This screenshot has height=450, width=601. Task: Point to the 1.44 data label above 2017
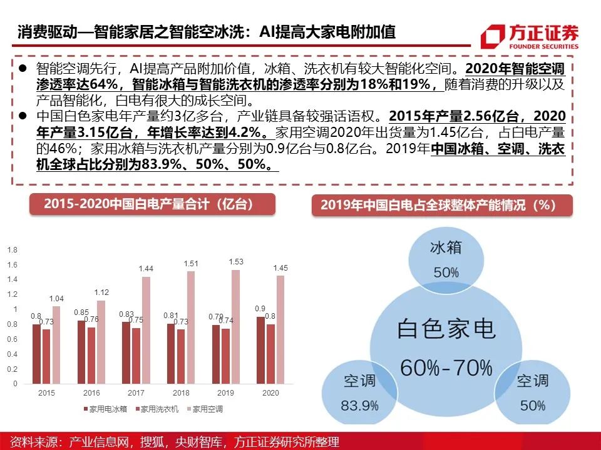pyautogui.click(x=146, y=268)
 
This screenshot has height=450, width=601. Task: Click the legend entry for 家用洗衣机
pyautogui.click(x=158, y=409)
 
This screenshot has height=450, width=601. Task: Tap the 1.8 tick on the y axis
pyautogui.click(x=13, y=250)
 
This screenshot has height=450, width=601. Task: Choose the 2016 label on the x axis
pyautogui.click(x=91, y=394)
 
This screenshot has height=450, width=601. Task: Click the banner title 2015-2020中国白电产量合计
pyautogui.click(x=152, y=204)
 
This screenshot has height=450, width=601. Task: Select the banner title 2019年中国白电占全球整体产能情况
pyautogui.click(x=442, y=205)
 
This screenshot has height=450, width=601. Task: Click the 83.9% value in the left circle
pyautogui.click(x=359, y=405)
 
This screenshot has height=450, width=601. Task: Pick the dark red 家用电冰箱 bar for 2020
pyautogui.click(x=260, y=350)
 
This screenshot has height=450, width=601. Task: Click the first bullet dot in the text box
pyautogui.click(x=23, y=67)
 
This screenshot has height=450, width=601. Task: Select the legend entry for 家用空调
pyautogui.click(x=207, y=409)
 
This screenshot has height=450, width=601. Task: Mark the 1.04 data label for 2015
pyautogui.click(x=56, y=298)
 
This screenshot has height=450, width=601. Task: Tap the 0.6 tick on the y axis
pyautogui.click(x=13, y=339)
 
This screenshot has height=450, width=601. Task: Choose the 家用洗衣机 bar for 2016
pyautogui.click(x=91, y=354)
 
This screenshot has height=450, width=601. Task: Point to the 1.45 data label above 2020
pyautogui.click(x=280, y=267)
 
